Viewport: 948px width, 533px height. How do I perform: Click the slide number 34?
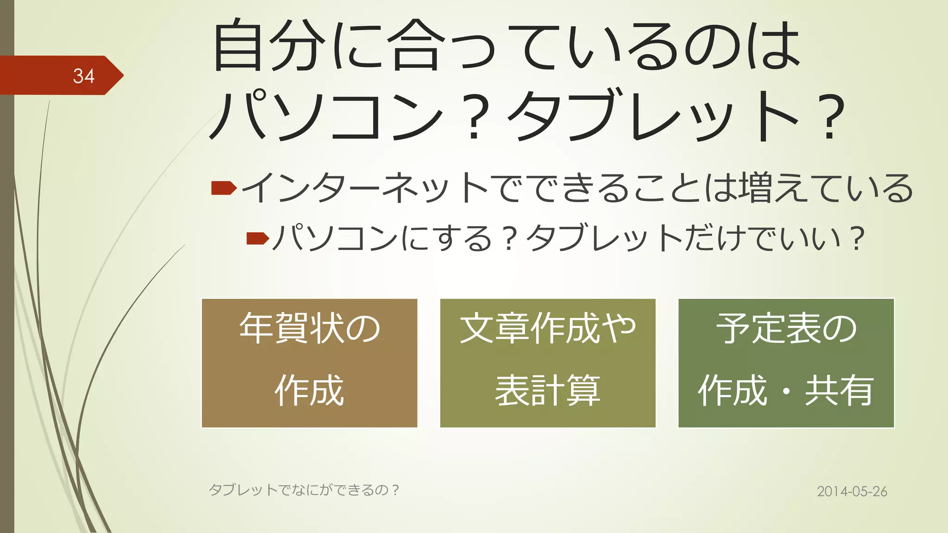(x=83, y=76)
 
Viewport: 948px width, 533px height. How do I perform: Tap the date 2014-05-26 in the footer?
(x=852, y=491)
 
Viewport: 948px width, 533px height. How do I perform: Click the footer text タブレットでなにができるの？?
(x=304, y=490)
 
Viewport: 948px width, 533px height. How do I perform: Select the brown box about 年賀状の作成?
(x=309, y=363)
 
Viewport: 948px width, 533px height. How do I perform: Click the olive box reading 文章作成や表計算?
(x=548, y=363)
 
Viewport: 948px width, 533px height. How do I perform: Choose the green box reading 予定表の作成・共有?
(x=786, y=363)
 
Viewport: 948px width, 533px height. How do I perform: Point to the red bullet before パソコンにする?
(x=257, y=238)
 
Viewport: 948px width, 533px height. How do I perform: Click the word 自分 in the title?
(x=268, y=45)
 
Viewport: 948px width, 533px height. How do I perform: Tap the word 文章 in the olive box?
(x=494, y=328)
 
